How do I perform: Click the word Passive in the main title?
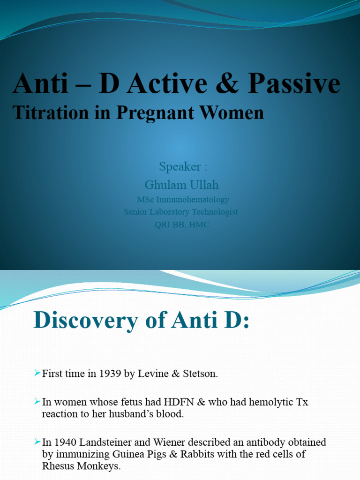tap(294, 83)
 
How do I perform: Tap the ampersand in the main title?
tap(227, 83)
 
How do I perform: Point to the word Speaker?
tap(180, 166)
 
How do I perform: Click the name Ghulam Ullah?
tap(181, 185)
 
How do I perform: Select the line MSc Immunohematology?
tap(183, 200)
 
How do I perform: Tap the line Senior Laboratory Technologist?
tap(181, 212)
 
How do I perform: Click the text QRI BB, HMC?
tap(182, 225)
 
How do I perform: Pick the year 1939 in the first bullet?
tap(110, 374)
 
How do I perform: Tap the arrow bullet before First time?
tap(37, 373)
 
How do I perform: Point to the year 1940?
tap(65, 442)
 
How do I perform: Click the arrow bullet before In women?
tap(37, 401)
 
